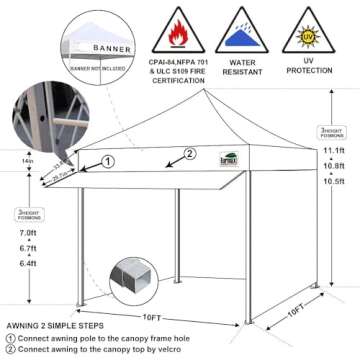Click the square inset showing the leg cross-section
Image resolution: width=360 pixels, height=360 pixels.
coord(130,277)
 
